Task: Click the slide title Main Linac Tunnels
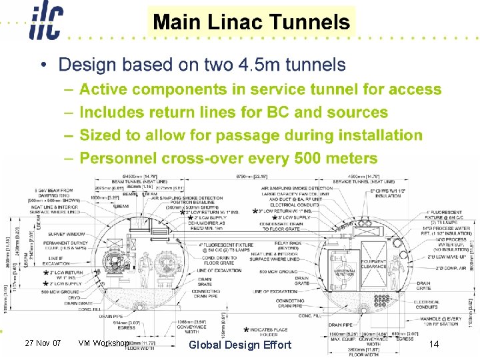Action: pos(251,21)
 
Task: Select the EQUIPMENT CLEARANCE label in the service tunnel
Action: pos(373,264)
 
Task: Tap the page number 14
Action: pos(434,344)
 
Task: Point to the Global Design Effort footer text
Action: pos(240,345)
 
